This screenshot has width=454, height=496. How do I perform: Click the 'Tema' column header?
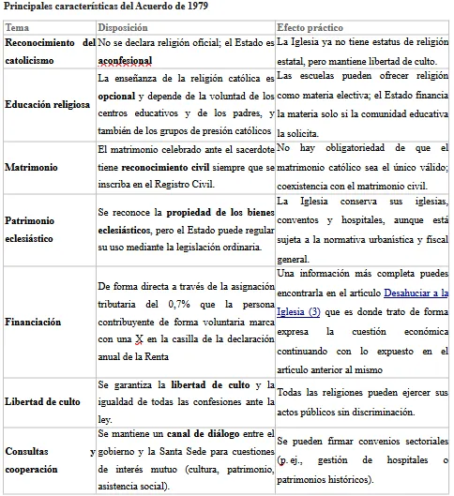[x=17, y=28]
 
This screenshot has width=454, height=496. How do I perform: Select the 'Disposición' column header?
[x=122, y=28]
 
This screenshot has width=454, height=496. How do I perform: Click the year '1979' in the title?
[x=195, y=8]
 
